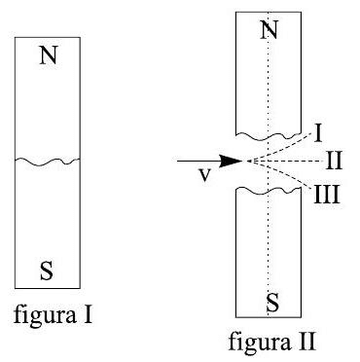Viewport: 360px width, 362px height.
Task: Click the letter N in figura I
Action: click(48, 56)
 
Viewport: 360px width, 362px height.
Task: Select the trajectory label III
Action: click(327, 192)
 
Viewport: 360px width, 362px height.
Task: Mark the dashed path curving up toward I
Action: click(282, 144)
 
